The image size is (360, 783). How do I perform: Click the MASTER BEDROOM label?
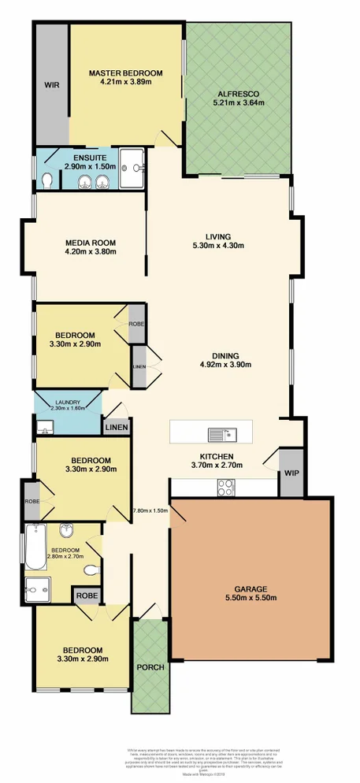pyautogui.click(x=125, y=72)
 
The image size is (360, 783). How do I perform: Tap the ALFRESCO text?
pyautogui.click(x=238, y=93)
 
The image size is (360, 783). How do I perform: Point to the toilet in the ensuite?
pyautogui.click(x=47, y=181)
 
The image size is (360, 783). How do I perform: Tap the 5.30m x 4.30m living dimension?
pyautogui.click(x=217, y=246)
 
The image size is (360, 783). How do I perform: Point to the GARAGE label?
pyautogui.click(x=251, y=588)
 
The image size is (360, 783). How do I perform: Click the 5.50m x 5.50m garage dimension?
pyautogui.click(x=251, y=599)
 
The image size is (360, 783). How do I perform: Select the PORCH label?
pyautogui.click(x=150, y=666)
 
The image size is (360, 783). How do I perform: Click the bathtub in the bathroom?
pyautogui.click(x=35, y=547)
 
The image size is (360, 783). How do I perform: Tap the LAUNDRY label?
pyautogui.click(x=67, y=402)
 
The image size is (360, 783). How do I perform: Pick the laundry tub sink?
pyautogui.click(x=44, y=428)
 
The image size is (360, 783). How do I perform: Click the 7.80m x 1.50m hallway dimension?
pyautogui.click(x=150, y=510)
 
